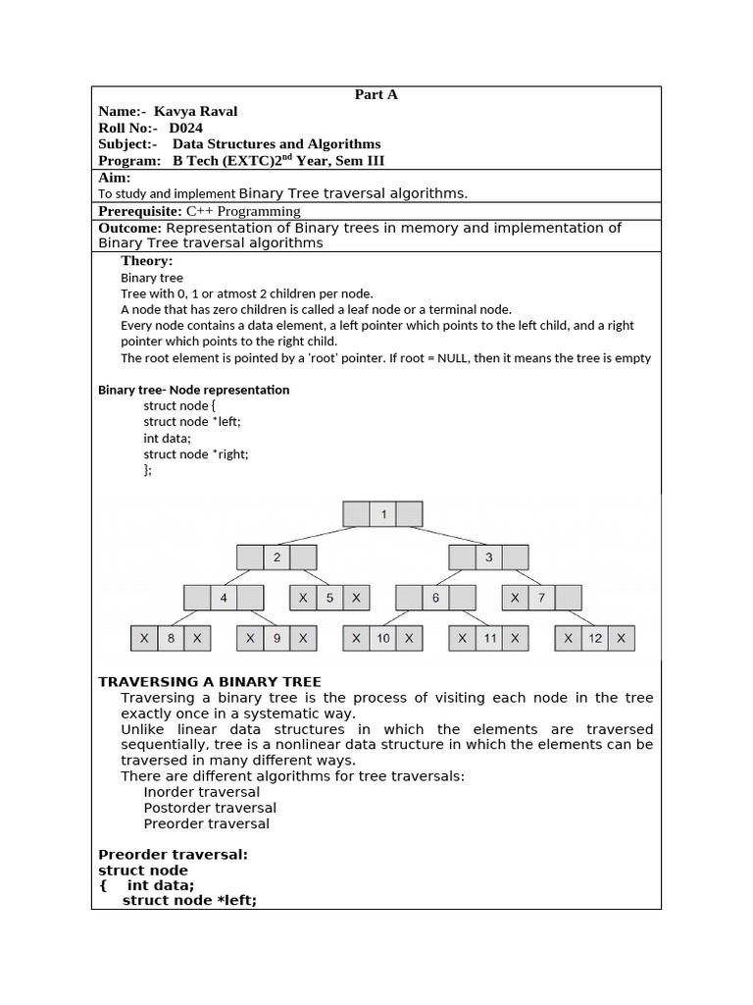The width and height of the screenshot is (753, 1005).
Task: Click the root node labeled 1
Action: tap(383, 514)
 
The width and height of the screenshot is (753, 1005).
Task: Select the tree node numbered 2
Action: tap(276, 557)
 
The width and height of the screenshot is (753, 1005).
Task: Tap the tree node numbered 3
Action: tap(489, 557)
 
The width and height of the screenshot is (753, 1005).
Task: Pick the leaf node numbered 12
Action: tap(595, 638)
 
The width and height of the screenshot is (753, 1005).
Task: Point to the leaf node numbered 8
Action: tap(171, 638)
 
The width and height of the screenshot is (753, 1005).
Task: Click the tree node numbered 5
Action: tap(329, 598)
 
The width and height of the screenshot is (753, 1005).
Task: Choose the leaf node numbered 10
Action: tap(382, 638)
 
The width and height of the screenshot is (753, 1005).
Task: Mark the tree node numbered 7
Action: tap(542, 598)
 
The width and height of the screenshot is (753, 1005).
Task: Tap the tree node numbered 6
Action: tap(435, 598)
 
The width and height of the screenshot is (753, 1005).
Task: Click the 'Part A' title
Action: tap(376, 95)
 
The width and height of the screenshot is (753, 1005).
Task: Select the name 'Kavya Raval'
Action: tap(195, 111)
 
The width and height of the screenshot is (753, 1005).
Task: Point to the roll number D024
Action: tap(186, 128)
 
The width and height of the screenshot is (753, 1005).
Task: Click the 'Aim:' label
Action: tap(115, 178)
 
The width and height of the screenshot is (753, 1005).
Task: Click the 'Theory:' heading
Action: tap(147, 261)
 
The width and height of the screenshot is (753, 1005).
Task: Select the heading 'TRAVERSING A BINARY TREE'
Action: tap(210, 682)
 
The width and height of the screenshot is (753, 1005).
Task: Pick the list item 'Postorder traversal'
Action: tap(210, 808)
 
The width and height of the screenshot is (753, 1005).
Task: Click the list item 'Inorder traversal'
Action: tap(202, 792)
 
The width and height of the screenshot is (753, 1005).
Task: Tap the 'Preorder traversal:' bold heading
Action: tap(173, 854)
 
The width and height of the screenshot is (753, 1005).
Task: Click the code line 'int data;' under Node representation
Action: tap(168, 438)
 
